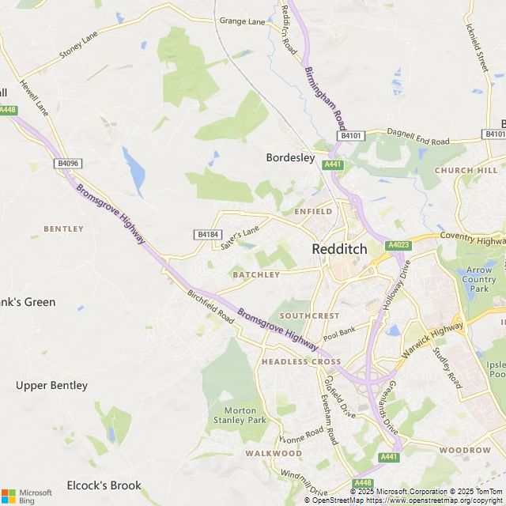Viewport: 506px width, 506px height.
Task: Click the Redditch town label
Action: (339, 248)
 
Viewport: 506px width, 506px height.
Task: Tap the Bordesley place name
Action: (290, 158)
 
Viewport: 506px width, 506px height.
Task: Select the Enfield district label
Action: (313, 212)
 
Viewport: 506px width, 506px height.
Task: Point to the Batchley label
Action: (256, 275)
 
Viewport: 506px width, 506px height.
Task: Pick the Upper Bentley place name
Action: (51, 386)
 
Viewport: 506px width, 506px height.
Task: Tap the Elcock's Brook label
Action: (104, 485)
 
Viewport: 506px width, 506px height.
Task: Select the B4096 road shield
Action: (68, 164)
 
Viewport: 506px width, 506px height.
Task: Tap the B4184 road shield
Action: (206, 235)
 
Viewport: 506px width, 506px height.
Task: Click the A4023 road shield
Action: (398, 246)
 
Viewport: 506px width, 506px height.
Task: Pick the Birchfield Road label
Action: (211, 306)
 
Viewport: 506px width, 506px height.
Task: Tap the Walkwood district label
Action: (273, 453)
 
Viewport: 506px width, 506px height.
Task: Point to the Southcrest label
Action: (309, 315)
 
